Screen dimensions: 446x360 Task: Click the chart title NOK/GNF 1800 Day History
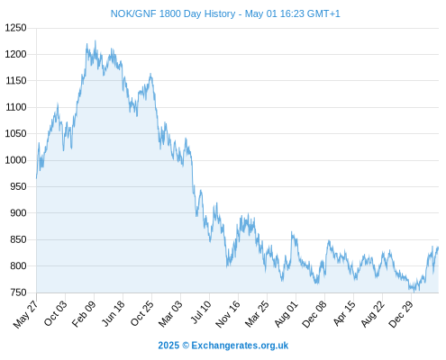click(x=173, y=13)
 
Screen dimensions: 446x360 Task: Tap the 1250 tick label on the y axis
click(x=16, y=28)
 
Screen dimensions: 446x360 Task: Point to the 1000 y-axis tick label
click(x=16, y=160)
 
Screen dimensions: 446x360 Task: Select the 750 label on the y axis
click(x=18, y=292)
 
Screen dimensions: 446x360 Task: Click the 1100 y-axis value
click(x=16, y=107)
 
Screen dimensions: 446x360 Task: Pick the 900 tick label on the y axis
click(x=18, y=213)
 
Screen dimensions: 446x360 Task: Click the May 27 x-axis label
click(x=26, y=314)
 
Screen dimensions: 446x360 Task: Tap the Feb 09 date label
click(x=84, y=313)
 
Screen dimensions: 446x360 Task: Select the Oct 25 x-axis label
click(x=142, y=313)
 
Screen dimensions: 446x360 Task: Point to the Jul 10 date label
click(x=201, y=312)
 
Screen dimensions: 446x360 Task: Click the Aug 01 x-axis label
click(x=286, y=314)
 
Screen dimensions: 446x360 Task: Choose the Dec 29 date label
click(x=401, y=314)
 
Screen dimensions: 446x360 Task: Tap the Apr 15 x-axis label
click(x=344, y=313)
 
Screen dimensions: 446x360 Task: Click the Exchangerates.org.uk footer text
click(x=240, y=346)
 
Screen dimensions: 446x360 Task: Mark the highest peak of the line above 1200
click(x=96, y=40)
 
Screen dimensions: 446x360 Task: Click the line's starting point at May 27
click(x=37, y=178)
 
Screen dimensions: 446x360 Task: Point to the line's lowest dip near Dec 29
click(x=414, y=292)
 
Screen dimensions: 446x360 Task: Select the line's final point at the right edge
click(x=438, y=247)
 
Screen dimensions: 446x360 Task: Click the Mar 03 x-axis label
click(x=170, y=314)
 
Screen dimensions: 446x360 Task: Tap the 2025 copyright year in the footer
click(x=168, y=346)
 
